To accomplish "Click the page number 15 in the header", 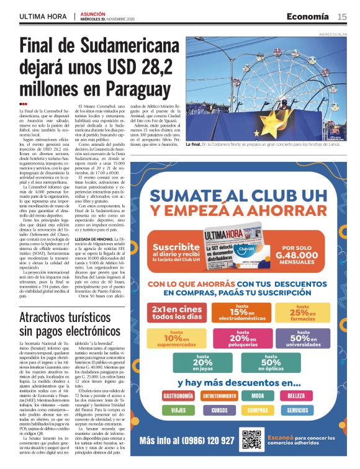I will (342, 16).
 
